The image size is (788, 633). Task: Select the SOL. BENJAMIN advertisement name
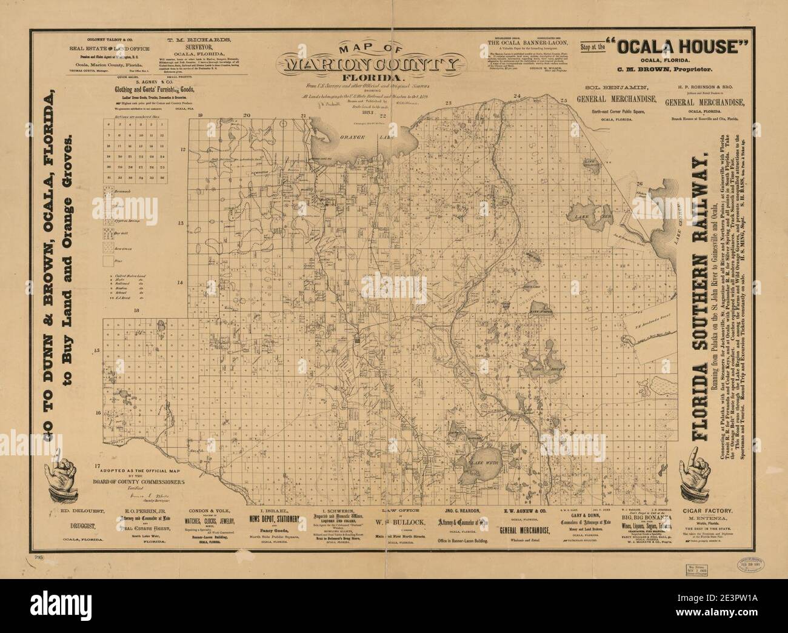click(x=605, y=89)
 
